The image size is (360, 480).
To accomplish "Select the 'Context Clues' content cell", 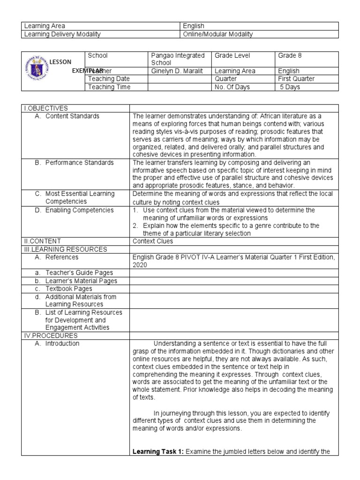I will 153,241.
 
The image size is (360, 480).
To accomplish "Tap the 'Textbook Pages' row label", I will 68,289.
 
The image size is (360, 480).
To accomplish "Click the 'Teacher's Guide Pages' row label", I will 79,273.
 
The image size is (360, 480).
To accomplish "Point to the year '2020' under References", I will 141,265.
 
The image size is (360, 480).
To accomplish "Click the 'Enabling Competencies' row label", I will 79,210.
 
